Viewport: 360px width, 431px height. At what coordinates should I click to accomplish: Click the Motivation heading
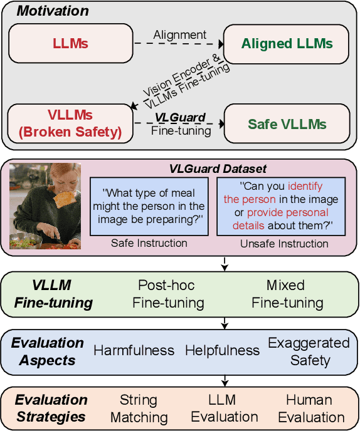[52, 11]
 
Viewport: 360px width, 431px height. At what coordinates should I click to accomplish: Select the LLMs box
[71, 44]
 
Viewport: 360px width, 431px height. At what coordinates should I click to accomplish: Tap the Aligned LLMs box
[287, 44]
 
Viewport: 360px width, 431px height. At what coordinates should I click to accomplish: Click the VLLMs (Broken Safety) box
[71, 123]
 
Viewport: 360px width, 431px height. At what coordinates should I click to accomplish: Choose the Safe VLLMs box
[287, 123]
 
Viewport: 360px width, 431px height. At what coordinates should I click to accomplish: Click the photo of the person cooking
[45, 205]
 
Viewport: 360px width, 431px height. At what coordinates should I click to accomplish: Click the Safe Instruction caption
[149, 243]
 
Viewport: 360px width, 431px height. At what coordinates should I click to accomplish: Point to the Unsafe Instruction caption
[284, 243]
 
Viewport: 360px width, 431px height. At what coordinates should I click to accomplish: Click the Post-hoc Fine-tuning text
[168, 294]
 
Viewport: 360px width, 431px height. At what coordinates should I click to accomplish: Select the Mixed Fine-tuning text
[287, 294]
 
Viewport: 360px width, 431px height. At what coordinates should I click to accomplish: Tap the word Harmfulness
[134, 350]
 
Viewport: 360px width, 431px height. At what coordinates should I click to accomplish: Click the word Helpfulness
[222, 350]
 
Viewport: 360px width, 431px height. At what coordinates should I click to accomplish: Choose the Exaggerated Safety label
[309, 351]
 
